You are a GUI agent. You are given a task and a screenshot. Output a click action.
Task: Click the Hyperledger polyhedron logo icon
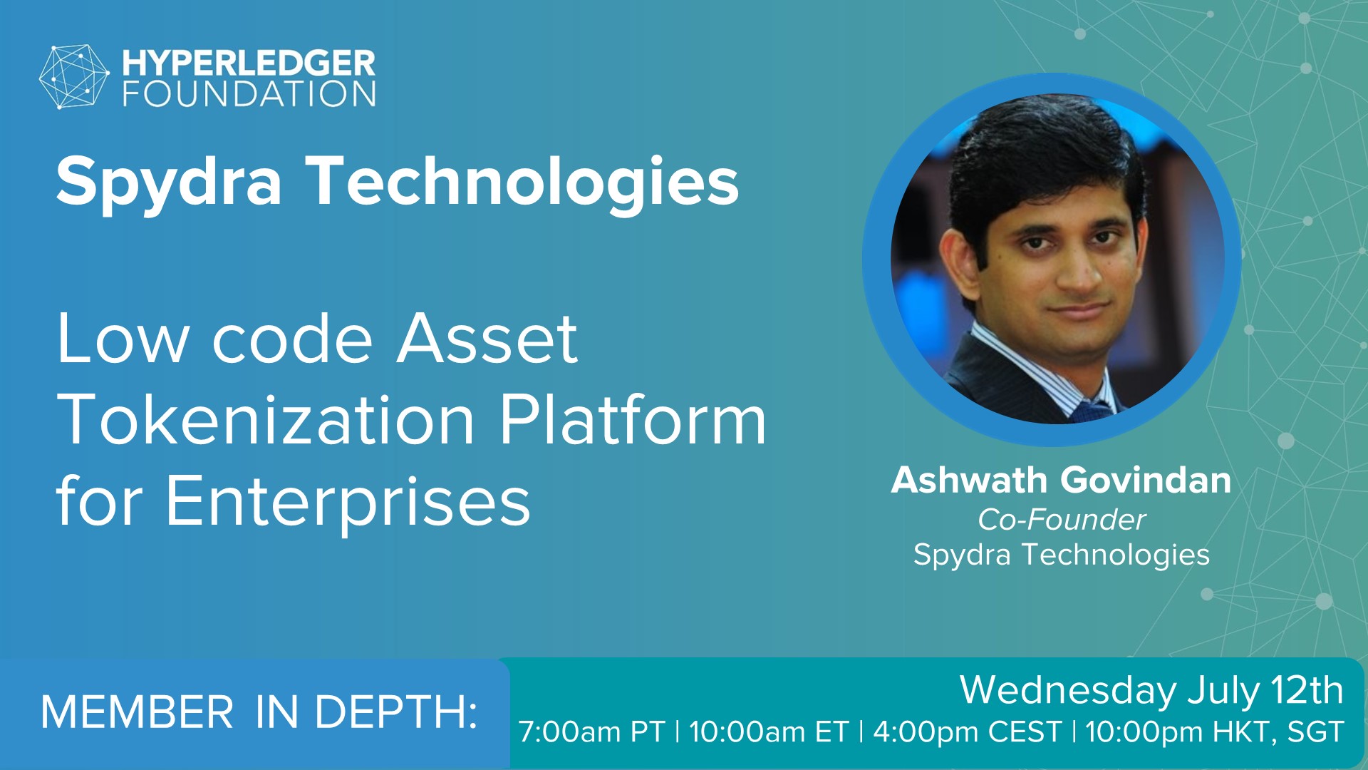coord(74,77)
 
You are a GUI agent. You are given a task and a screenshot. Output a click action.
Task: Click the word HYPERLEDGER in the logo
coord(249,63)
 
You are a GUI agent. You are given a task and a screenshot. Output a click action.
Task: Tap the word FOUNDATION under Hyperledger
coord(249,94)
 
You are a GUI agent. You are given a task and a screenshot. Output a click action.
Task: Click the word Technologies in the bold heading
coord(523,182)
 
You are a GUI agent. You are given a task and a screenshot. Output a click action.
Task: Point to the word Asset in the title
coord(487,339)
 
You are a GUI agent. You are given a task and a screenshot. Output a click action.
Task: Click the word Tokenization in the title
coord(266,420)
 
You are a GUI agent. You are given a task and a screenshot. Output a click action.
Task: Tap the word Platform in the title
coord(633,420)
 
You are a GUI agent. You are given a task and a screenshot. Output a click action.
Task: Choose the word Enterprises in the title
coord(348,503)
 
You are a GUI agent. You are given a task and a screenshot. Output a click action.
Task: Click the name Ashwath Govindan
coord(1061,480)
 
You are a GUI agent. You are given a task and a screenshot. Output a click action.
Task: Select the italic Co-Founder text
coord(1062,520)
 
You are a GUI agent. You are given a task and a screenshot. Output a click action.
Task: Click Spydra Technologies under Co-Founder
coord(1062,555)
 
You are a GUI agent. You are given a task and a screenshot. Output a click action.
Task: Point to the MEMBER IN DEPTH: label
coord(259,712)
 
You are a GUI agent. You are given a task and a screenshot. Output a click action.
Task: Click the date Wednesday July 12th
coord(1151,690)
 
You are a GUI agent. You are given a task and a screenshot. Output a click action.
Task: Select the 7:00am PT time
coord(591,732)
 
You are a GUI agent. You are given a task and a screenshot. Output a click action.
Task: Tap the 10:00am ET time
coord(769,732)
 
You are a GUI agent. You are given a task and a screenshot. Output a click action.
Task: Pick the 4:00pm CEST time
coord(967,732)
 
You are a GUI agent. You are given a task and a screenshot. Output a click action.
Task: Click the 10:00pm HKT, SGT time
coord(1215,732)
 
